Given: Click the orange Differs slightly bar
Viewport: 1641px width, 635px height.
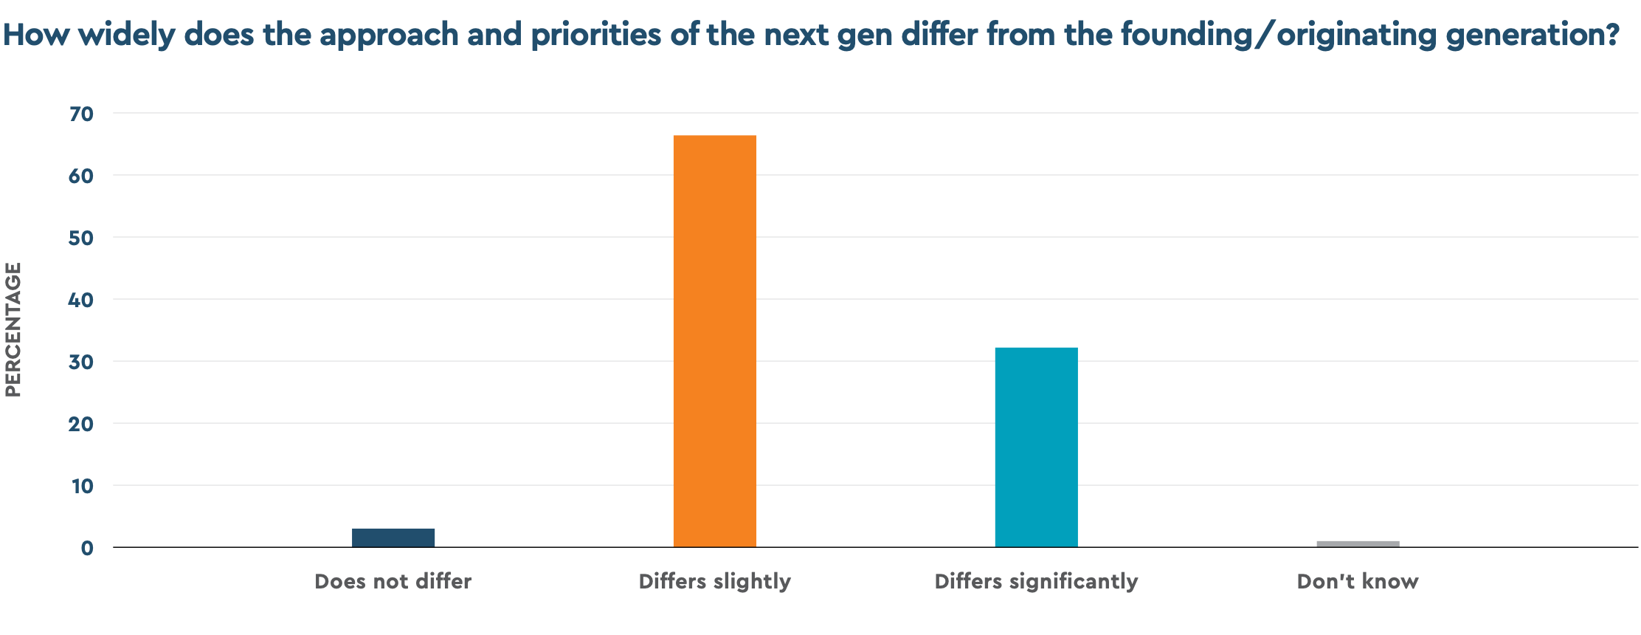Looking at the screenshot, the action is [714, 341].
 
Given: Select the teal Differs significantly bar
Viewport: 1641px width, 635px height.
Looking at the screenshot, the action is [1036, 447].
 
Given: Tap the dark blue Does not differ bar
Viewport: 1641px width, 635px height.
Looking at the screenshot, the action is [393, 538].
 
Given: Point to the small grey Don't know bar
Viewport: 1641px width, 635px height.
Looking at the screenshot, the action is [1358, 544].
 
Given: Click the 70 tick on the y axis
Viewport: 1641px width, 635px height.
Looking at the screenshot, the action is [81, 114].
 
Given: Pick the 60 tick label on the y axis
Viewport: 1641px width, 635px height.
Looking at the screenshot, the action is [81, 176].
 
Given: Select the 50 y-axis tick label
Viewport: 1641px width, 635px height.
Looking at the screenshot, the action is [81, 238].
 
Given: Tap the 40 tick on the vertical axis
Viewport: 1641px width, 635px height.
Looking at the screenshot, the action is [81, 300].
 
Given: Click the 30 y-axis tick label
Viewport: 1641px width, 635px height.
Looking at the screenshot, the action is [81, 362].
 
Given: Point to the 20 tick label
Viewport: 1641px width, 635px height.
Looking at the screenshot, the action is [81, 424].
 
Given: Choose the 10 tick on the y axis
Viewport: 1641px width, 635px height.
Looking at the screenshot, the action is [82, 486].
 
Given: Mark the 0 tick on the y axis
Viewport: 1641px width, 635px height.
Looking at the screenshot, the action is [88, 548].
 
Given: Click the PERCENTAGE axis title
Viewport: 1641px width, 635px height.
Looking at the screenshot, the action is [13, 330].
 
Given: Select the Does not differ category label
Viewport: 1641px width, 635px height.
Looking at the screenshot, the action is [393, 582].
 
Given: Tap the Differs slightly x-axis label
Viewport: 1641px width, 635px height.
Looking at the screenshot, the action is [714, 582].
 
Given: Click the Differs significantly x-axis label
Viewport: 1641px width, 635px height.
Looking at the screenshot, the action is [1036, 582].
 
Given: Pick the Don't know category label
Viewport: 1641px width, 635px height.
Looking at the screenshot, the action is [1358, 582].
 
